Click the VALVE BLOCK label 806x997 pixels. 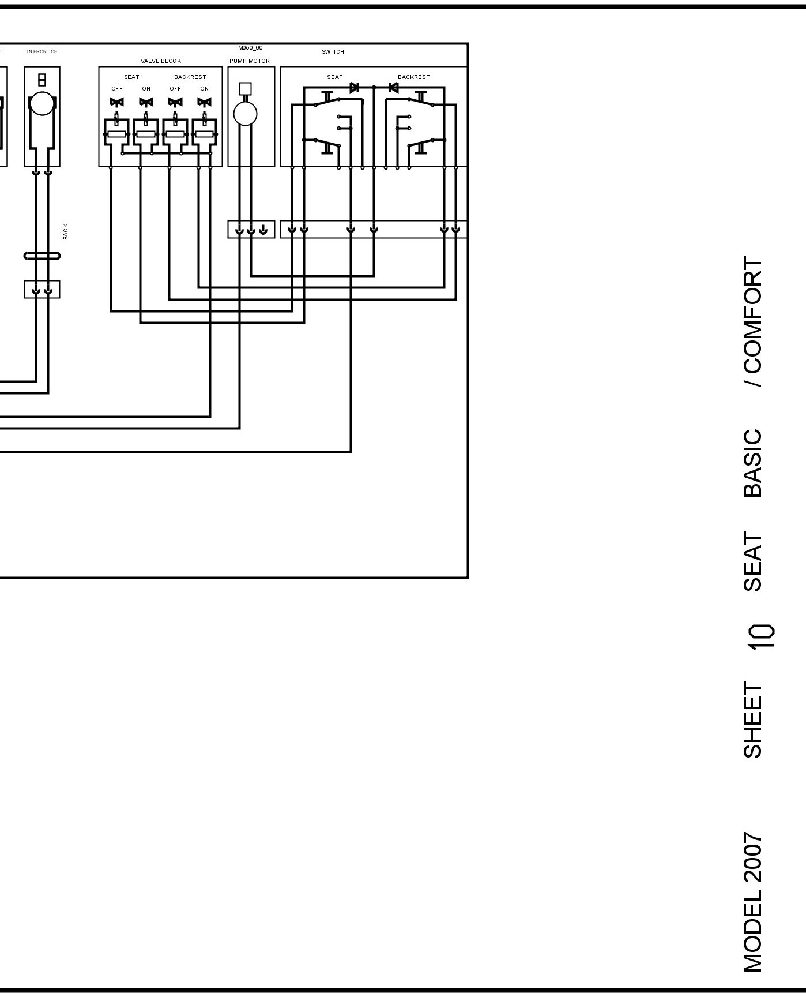[x=160, y=61]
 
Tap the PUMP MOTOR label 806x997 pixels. [x=250, y=61]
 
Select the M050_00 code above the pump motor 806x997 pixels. [x=250, y=48]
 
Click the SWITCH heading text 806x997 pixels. [x=333, y=52]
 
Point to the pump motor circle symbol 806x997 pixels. [x=245, y=114]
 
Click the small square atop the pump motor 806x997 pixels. [x=245, y=88]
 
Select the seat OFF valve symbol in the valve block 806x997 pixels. [x=116, y=102]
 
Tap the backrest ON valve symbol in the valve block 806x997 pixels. [x=204, y=102]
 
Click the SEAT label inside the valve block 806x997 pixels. [x=131, y=77]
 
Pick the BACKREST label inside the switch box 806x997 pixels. [x=413, y=77]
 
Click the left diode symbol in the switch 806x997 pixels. [x=354, y=88]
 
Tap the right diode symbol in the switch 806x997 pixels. [x=394, y=88]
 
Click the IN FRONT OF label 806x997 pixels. [x=42, y=52]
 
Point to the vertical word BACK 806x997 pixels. [x=66, y=232]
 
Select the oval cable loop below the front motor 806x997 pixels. [x=42, y=256]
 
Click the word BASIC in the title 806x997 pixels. [x=752, y=463]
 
